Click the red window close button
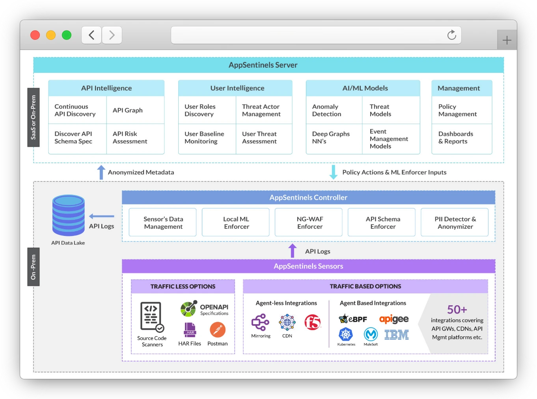[x=35, y=35]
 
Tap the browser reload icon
[x=452, y=35]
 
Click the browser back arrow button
[x=91, y=35]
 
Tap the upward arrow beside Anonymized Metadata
[x=101, y=172]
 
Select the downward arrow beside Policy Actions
[x=334, y=172]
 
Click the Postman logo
[x=218, y=330]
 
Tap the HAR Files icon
[x=190, y=330]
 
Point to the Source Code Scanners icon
[x=152, y=316]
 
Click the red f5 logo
[x=313, y=322]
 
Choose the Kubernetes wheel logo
[x=346, y=334]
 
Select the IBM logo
[x=397, y=334]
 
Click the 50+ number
[x=457, y=310]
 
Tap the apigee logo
[x=394, y=319]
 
